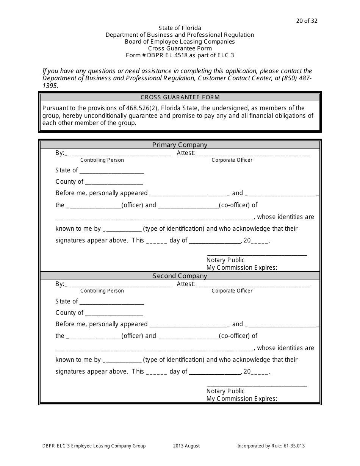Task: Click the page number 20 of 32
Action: pos(307,21)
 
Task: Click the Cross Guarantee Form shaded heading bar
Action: pos(180,97)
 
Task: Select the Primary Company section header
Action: pos(180,145)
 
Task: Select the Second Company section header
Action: pos(180,276)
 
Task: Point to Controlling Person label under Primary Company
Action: pos(102,160)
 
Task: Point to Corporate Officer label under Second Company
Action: pos(232,291)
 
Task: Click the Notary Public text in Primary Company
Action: pos(225,260)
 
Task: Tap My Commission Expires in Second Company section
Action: pos(242,399)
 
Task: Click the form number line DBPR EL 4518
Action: pos(180,55)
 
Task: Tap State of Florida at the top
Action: pos(180,28)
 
